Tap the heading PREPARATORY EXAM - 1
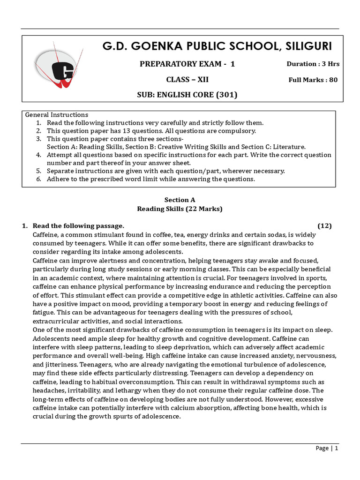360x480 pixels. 187,64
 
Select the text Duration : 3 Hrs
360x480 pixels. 313,64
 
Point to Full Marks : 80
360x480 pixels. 313,80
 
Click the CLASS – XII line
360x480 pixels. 187,80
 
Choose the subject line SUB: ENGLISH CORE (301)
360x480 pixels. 187,95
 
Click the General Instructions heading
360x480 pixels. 56,115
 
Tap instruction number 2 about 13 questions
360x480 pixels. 151,131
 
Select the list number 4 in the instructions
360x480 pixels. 39,155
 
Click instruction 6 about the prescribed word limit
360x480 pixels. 150,179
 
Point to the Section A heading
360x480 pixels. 180,200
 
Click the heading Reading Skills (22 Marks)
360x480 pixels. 180,209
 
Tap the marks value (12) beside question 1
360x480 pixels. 324,226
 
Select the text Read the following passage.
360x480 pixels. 78,226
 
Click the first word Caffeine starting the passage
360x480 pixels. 47,234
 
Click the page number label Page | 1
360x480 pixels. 326,448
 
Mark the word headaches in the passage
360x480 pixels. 49,390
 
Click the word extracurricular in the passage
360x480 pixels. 59,321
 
